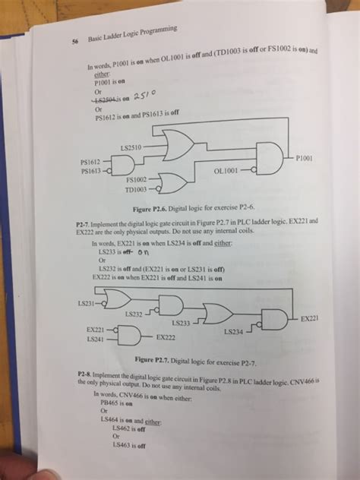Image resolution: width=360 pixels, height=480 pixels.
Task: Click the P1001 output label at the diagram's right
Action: [307, 158]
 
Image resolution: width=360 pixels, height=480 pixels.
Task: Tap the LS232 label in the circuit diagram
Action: [134, 313]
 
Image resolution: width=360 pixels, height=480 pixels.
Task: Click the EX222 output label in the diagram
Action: [166, 335]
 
